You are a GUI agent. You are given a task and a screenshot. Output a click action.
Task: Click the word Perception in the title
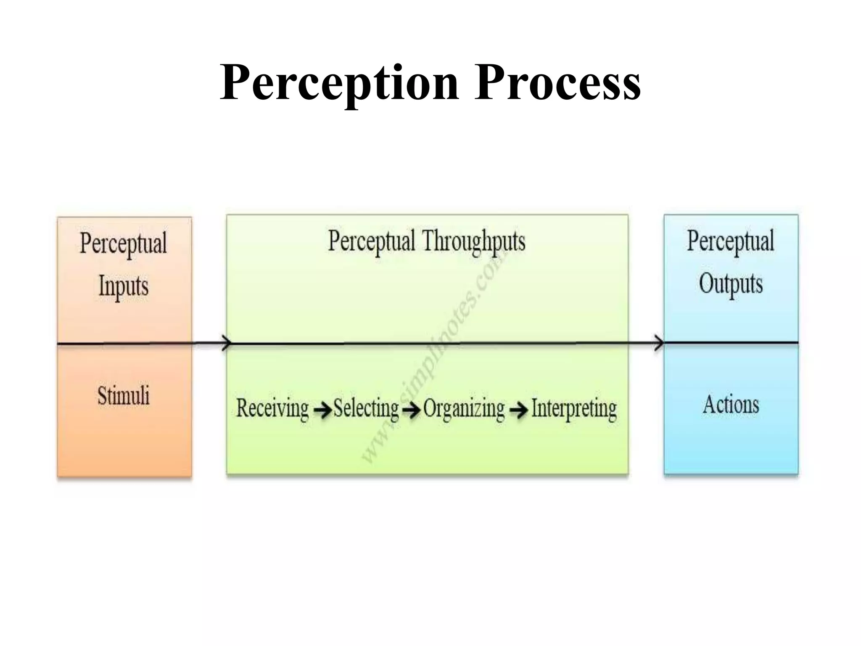339,83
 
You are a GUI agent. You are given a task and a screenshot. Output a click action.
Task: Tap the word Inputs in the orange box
124,286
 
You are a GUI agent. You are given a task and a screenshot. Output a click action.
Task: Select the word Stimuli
124,396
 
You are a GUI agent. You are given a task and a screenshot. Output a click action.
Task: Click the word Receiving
272,408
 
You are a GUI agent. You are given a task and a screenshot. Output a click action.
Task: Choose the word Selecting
366,408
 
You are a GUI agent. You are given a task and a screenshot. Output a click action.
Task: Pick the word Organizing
464,408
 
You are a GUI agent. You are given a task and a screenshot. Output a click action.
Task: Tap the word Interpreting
574,408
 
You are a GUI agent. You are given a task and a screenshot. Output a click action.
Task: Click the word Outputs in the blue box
731,284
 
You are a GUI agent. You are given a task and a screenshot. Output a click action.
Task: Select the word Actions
731,405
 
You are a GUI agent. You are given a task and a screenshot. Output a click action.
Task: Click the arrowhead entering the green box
227,343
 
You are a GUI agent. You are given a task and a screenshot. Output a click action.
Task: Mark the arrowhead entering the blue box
660,343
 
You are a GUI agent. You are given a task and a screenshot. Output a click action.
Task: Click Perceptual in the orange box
124,243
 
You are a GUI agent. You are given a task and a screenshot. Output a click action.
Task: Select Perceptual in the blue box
731,241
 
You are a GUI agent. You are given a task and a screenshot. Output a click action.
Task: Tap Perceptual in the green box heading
372,241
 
